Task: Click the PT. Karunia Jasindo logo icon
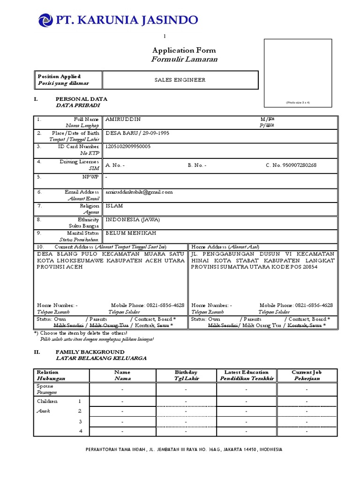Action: coord(45,20)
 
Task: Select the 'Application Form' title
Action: coord(184,50)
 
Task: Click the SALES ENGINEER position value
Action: coord(180,80)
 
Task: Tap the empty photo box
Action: coord(298,73)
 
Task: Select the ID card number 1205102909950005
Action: coord(128,147)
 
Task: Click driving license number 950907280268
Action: coord(291,165)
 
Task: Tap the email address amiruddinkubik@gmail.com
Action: coord(139,192)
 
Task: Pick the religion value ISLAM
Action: coord(115,205)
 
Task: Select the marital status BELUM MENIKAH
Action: coord(131,232)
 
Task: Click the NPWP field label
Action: coord(91,178)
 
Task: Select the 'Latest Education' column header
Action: coord(246,372)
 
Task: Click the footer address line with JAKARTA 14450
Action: coord(184,449)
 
